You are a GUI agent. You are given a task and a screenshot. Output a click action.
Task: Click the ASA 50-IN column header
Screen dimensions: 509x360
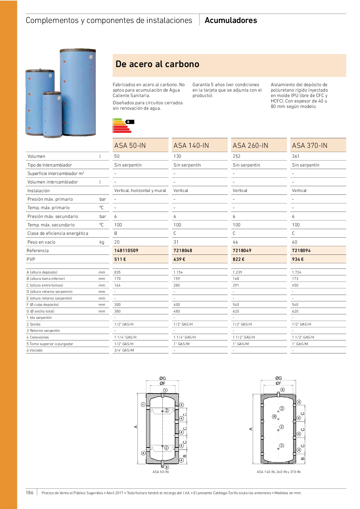coord(130,145)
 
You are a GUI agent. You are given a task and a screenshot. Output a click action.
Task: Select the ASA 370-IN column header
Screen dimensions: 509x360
coord(310,145)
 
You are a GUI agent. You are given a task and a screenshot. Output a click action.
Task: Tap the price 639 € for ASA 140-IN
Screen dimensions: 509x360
coord(179,259)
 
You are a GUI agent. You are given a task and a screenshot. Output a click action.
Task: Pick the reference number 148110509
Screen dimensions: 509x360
coord(126,251)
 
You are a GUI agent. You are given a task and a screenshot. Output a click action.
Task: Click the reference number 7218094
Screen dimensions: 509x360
coord(301,251)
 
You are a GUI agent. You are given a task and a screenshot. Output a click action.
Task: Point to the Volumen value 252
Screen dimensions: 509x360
coord(237,156)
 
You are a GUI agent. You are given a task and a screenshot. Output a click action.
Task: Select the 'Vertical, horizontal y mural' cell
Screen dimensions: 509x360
coord(140,190)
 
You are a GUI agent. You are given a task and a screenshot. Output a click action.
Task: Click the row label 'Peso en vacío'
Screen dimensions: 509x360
coord(41,242)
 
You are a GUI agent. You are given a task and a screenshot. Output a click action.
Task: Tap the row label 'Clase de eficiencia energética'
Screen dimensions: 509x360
coord(58,233)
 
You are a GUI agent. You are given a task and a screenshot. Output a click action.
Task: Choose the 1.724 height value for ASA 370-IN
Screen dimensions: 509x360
coord(297,272)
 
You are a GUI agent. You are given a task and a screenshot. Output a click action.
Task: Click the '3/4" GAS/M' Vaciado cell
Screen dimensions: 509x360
coord(124,350)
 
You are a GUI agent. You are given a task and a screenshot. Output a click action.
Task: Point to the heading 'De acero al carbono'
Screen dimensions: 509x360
coord(157,64)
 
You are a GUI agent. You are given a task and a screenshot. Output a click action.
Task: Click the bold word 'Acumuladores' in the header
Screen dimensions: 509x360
coord(231,20)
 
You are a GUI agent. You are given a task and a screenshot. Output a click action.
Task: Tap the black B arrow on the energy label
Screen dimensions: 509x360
coord(129,122)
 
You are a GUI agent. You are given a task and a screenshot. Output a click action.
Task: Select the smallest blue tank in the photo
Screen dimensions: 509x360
coord(52,115)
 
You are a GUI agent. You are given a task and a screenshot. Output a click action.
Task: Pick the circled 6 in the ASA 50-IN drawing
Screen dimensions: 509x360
coord(167,467)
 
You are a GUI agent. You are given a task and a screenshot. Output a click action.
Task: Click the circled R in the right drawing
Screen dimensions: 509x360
coord(274,417)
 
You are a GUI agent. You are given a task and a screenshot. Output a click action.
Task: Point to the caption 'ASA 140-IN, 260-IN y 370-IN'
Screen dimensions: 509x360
coord(278,472)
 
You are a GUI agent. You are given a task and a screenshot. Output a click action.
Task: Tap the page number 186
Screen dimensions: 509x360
coord(30,493)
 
